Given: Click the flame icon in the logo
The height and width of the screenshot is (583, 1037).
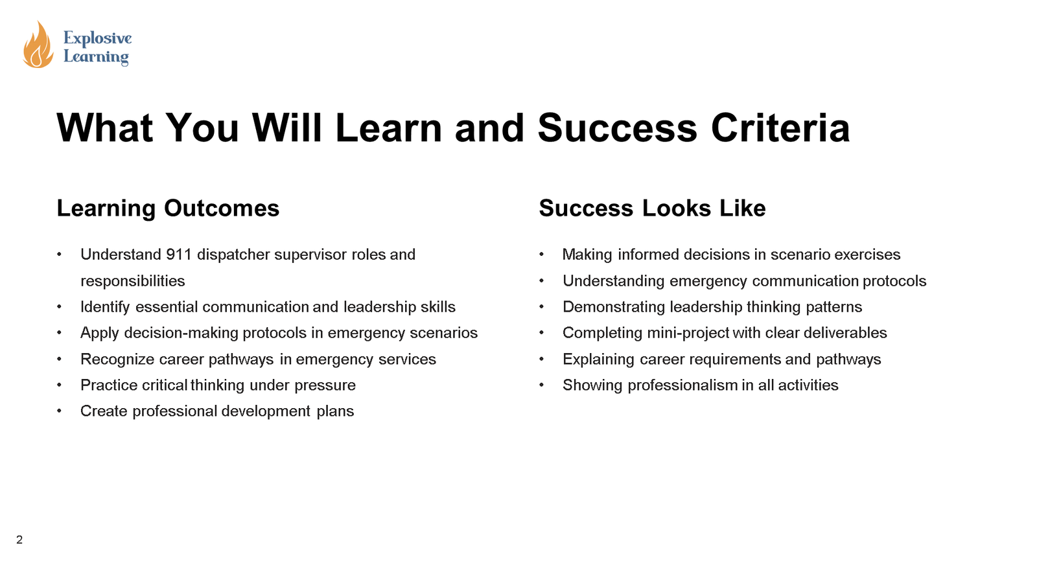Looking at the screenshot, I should (38, 45).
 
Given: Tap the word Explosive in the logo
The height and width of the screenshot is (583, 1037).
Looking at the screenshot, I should (97, 38).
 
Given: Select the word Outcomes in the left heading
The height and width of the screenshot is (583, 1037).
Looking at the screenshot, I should (222, 208).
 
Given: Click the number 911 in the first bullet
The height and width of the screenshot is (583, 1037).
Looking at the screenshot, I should (179, 255).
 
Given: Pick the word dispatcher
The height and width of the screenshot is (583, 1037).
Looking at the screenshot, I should (233, 255).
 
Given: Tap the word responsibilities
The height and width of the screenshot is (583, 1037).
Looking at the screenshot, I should (132, 280).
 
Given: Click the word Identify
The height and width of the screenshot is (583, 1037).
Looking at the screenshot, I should (105, 307).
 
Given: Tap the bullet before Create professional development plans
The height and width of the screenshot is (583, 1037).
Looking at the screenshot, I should (59, 411).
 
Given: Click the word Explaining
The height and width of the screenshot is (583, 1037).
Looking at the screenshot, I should (598, 360).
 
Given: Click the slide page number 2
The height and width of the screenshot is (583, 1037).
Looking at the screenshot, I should (19, 540).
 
